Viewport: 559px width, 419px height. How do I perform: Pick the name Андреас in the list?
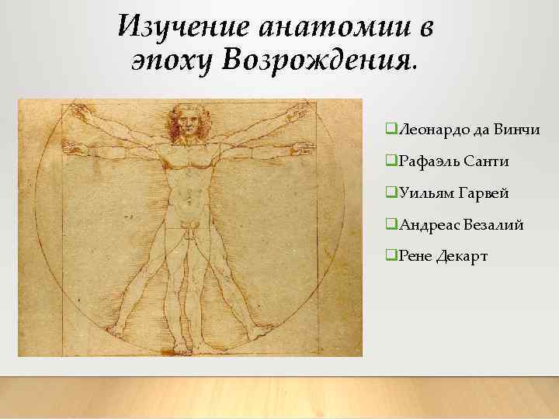(x=429, y=225)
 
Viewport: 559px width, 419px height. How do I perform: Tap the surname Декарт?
(x=463, y=257)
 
